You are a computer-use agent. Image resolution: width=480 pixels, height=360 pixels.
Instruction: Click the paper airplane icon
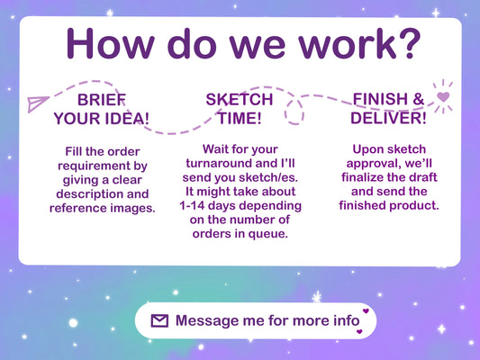(37, 104)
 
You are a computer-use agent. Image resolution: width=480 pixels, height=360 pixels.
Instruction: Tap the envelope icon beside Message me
(159, 320)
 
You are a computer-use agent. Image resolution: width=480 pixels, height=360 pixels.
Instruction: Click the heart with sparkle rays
(443, 96)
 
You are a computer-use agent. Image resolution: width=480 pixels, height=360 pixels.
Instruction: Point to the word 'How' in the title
(110, 43)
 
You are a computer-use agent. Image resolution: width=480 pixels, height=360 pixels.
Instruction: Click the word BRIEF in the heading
(102, 100)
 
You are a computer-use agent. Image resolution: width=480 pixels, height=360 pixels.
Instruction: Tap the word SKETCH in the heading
(240, 99)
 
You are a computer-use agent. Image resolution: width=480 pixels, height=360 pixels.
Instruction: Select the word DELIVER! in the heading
(388, 118)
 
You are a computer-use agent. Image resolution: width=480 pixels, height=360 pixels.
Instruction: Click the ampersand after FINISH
(418, 99)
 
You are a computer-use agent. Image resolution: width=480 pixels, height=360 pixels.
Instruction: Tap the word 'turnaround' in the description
(219, 163)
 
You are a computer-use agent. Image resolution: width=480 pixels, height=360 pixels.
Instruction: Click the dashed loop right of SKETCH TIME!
(294, 112)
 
